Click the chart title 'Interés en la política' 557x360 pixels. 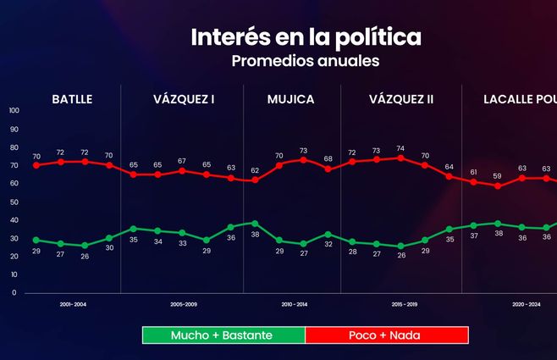point(306,37)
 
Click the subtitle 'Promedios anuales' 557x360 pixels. point(306,61)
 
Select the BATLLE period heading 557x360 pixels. point(72,99)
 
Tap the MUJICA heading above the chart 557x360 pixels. point(290,99)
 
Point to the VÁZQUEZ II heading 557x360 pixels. point(401,99)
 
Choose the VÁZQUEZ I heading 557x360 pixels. point(184,99)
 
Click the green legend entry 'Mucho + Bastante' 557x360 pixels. point(222,335)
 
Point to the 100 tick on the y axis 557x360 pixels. point(14,111)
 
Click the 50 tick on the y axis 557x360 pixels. point(14,202)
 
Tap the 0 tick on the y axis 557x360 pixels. point(14,293)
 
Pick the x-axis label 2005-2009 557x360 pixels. point(183,302)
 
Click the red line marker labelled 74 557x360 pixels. point(400,158)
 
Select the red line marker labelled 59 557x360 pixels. point(498,186)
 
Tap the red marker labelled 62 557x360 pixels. point(255,180)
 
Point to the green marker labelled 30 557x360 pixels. point(108,238)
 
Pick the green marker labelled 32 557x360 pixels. point(328,234)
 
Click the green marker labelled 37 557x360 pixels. point(474,225)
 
